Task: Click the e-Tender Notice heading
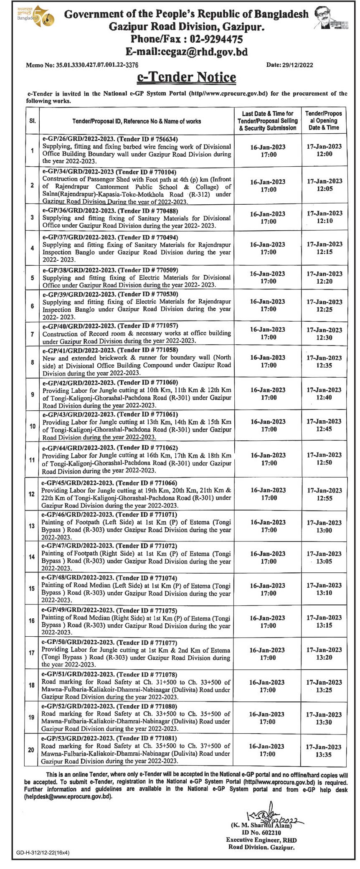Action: click(186, 77)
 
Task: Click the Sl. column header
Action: click(32, 121)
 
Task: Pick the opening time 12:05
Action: click(324, 189)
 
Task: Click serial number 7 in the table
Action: click(32, 334)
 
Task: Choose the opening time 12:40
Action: click(324, 398)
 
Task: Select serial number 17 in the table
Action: click(31, 653)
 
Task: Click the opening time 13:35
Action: click(324, 755)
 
